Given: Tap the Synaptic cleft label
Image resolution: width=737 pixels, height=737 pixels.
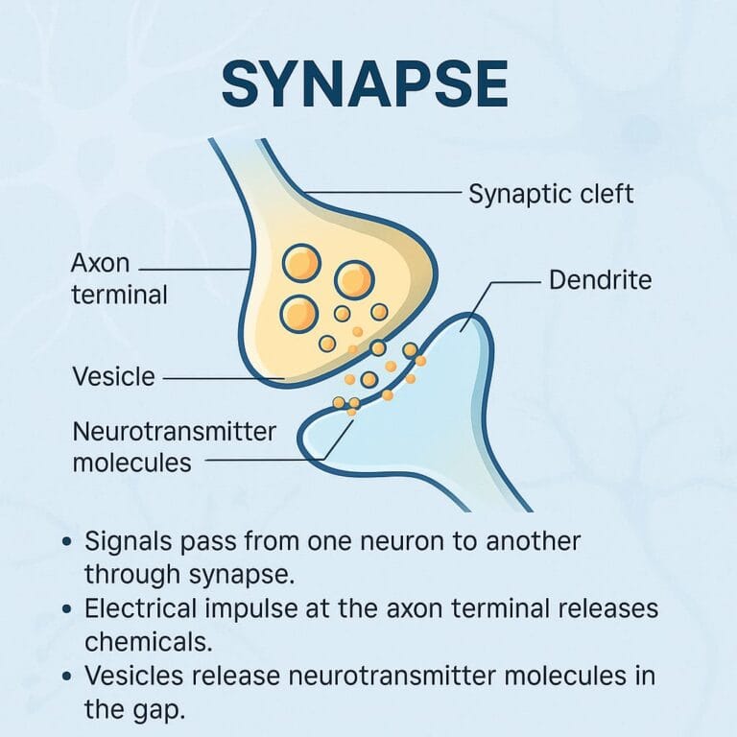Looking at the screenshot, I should (x=551, y=194).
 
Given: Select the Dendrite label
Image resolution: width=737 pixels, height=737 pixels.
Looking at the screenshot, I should (x=601, y=280).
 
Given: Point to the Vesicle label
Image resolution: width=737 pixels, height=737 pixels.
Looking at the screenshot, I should (x=113, y=376).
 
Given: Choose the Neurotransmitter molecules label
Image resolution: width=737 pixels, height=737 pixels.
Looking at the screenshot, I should (x=174, y=446).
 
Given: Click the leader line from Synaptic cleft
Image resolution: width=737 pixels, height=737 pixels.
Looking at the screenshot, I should (x=384, y=194).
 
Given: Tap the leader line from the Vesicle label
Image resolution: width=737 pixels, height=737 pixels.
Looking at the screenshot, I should (x=221, y=378).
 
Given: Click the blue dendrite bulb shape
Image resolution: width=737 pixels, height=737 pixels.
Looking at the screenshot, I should (x=451, y=384).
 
